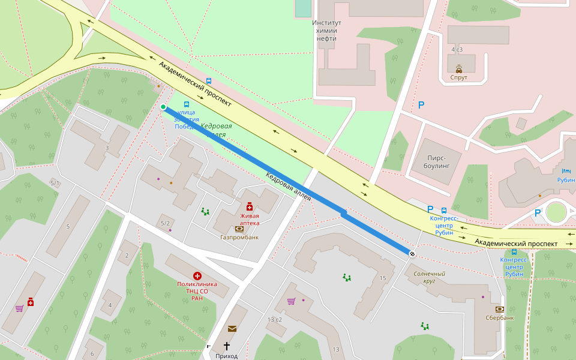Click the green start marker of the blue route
pyautogui.click(x=163, y=107)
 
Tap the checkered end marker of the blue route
pyautogui.click(x=412, y=254)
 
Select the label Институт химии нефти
pyautogui.click(x=326, y=31)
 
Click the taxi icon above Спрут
pyautogui.click(x=459, y=68)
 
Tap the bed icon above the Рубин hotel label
pyautogui.click(x=566, y=171)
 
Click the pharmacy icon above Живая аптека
pyautogui.click(x=250, y=206)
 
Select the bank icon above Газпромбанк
pyautogui.click(x=239, y=229)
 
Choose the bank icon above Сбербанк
pyautogui.click(x=499, y=309)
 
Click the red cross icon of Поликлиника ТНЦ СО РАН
pyautogui.click(x=197, y=275)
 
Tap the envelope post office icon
pyautogui.click(x=232, y=328)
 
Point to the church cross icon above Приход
pyautogui.click(x=227, y=346)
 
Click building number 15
pyautogui.click(x=383, y=278)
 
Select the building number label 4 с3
pyautogui.click(x=457, y=49)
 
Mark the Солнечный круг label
pyautogui.click(x=429, y=277)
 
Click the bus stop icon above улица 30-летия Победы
pyautogui.click(x=186, y=104)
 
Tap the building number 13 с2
pyautogui.click(x=274, y=319)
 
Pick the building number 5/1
pyautogui.click(x=55, y=183)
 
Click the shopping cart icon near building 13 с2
pyautogui.click(x=291, y=301)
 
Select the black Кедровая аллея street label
pyautogui.click(x=289, y=187)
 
